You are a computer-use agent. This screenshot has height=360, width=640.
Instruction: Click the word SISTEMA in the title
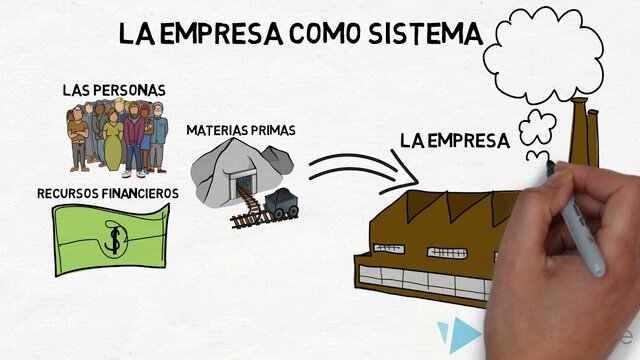(410, 33)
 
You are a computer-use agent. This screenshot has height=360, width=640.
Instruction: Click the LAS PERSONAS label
(113, 90)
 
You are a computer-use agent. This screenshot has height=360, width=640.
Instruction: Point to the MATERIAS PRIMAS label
(240, 130)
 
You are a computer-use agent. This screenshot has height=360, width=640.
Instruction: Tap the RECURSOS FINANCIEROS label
(108, 192)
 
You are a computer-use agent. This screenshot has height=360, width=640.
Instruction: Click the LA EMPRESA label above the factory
(455, 141)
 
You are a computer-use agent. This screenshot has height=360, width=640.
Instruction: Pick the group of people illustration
(114, 135)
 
